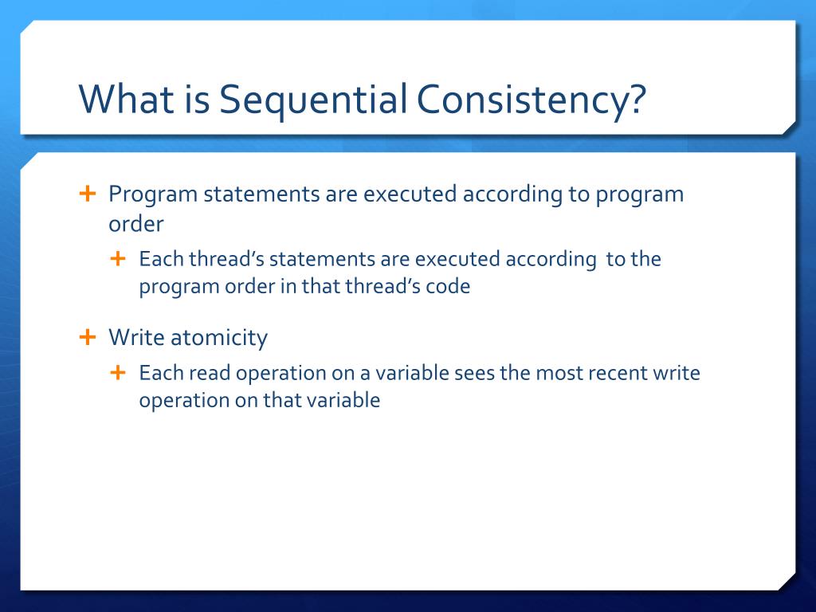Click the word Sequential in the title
(x=313, y=100)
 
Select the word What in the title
(x=127, y=98)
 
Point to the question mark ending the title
(x=635, y=98)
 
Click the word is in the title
(x=196, y=98)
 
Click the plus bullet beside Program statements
(x=88, y=194)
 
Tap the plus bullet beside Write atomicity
(x=88, y=337)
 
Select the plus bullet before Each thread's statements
(x=118, y=258)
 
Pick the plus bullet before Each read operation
(x=118, y=372)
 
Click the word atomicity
(x=219, y=338)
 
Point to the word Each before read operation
(x=161, y=373)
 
